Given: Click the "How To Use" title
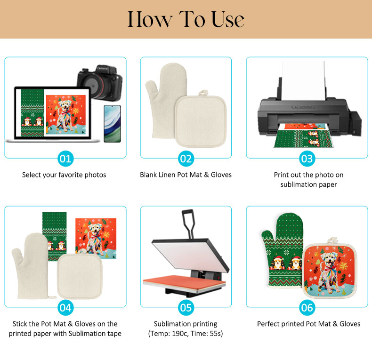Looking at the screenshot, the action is point(186,19).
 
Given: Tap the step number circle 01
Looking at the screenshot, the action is point(65,159).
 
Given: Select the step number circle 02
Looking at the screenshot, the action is point(186,159).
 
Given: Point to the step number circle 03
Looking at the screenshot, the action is point(307,159).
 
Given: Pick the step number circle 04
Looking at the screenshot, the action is point(65,308).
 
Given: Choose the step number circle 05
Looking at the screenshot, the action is point(186,308).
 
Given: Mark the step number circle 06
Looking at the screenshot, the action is point(307,308).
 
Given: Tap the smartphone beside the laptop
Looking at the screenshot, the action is point(112,124).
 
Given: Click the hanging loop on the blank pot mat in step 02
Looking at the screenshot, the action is point(203,93).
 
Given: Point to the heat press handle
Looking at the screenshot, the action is point(188,224).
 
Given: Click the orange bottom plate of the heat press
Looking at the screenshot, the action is point(184,282).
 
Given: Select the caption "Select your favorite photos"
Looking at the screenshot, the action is point(64,175).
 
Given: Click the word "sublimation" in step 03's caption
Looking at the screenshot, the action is point(295,184).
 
